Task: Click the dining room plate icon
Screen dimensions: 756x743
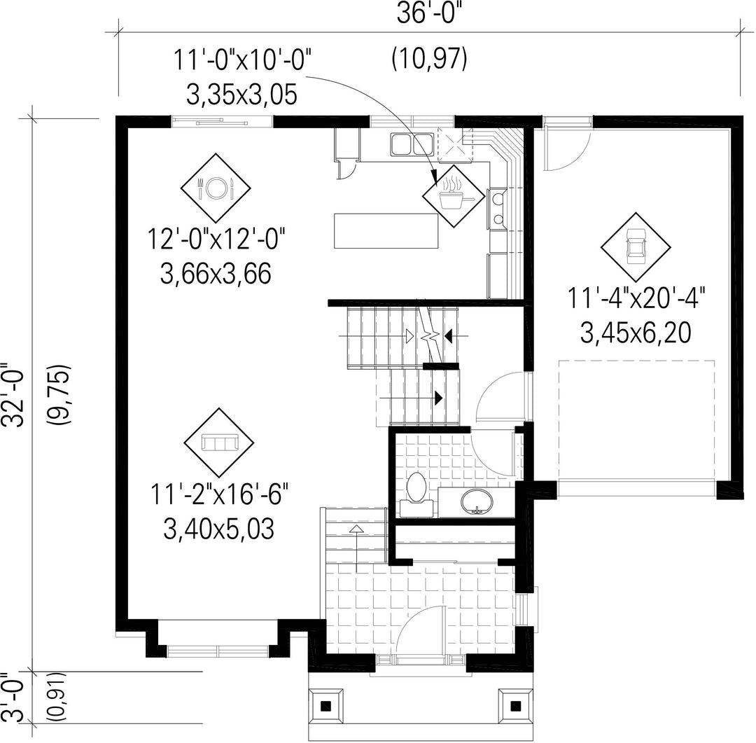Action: (x=216, y=188)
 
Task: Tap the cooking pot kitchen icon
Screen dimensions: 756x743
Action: (x=453, y=195)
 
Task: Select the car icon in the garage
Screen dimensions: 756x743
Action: (x=636, y=246)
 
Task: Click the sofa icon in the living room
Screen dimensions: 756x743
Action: (x=220, y=442)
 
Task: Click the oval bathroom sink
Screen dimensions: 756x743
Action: (x=477, y=502)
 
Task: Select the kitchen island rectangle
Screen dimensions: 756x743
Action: (x=386, y=230)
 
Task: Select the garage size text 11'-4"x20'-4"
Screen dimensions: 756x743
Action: (x=636, y=298)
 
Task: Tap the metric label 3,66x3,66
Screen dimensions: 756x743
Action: (x=216, y=274)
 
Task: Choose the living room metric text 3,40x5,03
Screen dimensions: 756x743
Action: (x=219, y=529)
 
